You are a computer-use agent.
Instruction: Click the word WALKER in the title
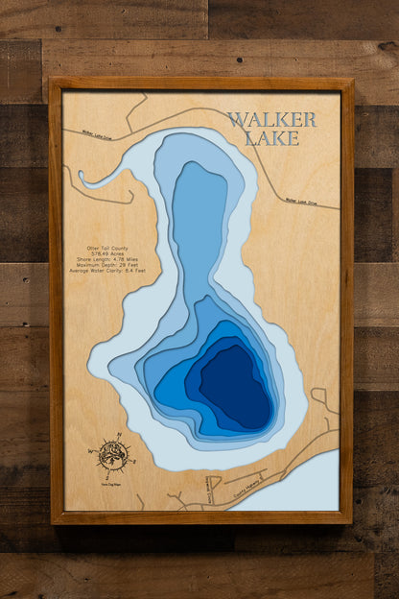click(271, 120)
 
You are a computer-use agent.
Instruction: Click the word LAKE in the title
click(271, 138)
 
